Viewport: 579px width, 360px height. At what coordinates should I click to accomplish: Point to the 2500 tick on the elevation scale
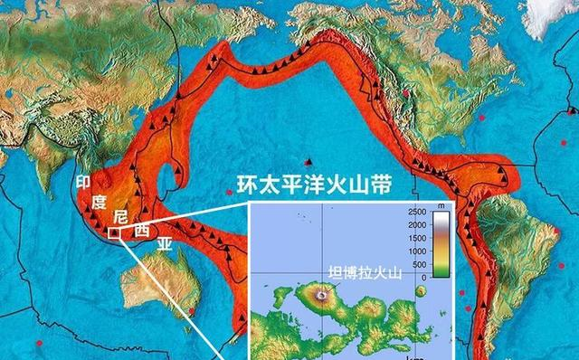[x=416, y=212]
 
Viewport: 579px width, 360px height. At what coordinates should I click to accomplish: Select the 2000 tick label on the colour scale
[x=416, y=224]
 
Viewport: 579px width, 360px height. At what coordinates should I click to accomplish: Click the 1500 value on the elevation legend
[x=416, y=238]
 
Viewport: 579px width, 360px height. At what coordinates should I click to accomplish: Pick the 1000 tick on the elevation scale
[x=416, y=251]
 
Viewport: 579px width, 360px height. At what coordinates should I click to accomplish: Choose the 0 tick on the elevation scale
[x=424, y=277]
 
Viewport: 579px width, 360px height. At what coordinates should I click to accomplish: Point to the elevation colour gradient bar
[x=440, y=244]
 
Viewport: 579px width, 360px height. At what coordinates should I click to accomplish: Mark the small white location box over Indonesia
[x=114, y=233]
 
